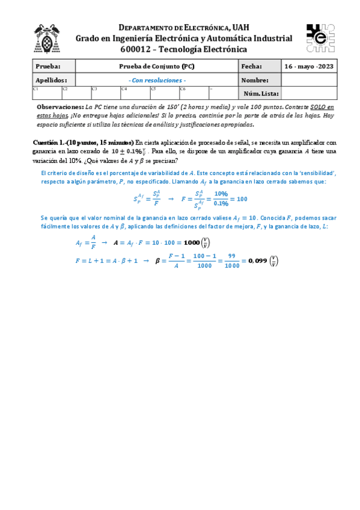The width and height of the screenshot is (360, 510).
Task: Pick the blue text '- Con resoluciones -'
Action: tap(157, 80)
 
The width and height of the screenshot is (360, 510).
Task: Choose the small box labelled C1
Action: tap(46, 93)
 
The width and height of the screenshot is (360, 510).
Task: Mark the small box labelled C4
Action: tap(135, 93)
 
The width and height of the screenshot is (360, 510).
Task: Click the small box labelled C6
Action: tap(193, 93)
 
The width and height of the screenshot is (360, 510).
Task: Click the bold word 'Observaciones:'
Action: tap(60, 106)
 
